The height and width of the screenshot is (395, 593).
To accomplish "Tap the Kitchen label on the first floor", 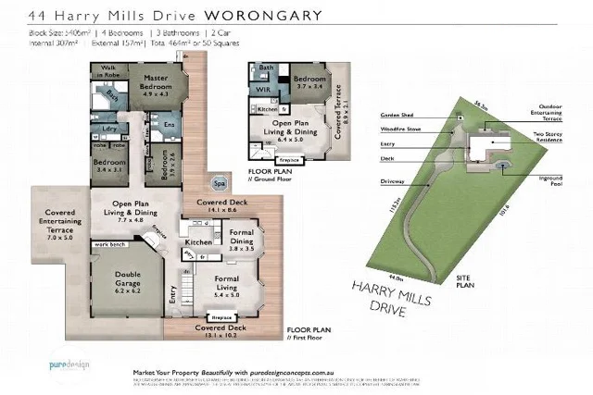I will point(197,241).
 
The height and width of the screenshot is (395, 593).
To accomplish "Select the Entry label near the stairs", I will point(172,296).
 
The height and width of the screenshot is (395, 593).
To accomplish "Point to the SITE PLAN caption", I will point(470,281).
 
